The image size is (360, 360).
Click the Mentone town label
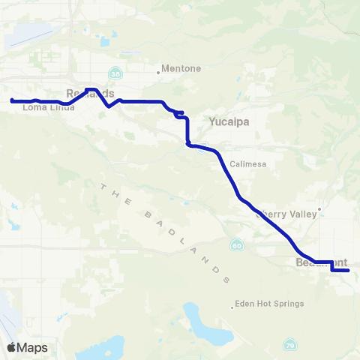(x=182, y=69)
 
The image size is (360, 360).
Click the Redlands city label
(x=90, y=93)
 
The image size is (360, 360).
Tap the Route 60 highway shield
(x=236, y=245)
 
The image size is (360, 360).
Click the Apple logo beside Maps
(x=11, y=348)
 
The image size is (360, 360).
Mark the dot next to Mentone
(x=159, y=73)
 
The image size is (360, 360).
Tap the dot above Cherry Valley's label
(x=319, y=209)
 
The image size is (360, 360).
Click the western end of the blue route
(x=12, y=100)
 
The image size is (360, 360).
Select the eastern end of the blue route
(x=348, y=271)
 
